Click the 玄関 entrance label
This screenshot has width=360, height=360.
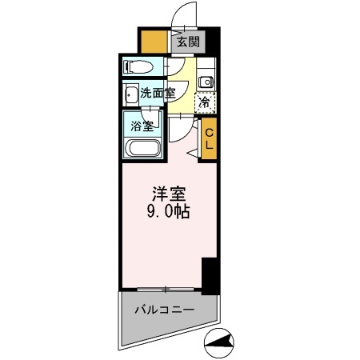click(x=187, y=42)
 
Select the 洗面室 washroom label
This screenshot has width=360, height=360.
click(x=157, y=93)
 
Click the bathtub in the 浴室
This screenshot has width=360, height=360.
click(x=143, y=148)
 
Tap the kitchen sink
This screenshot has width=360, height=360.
click(x=206, y=80)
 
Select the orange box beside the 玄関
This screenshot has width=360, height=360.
click(x=154, y=41)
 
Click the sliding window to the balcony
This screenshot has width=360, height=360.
click(x=166, y=288)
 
